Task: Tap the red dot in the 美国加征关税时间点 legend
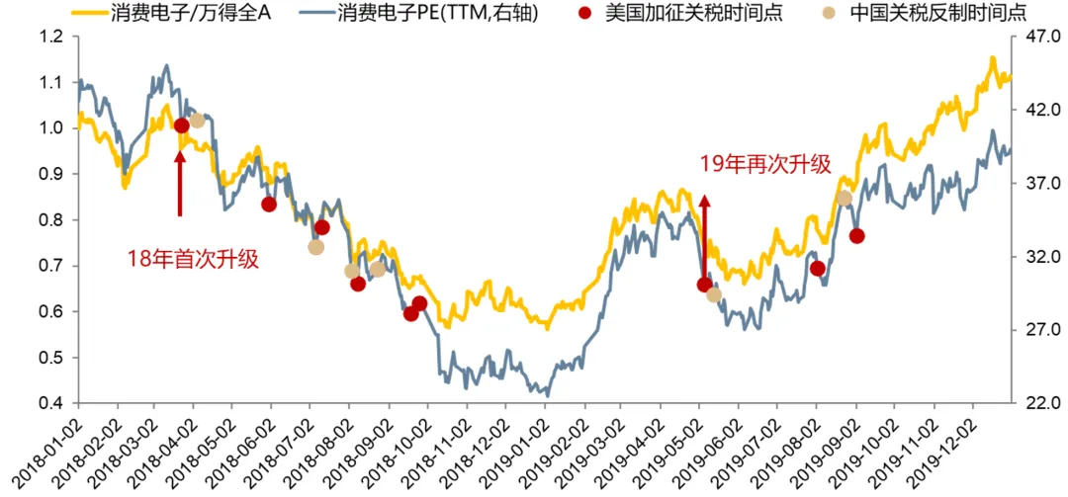587,14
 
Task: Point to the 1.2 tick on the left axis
51,37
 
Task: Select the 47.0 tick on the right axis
1035,37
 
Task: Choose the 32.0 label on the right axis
1035,257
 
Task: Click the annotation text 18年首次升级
193,259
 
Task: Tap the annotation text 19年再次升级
764,165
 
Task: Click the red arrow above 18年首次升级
180,183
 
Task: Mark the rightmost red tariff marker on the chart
856,235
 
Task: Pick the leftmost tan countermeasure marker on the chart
197,121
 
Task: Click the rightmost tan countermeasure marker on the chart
844,199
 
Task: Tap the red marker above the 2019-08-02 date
817,268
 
